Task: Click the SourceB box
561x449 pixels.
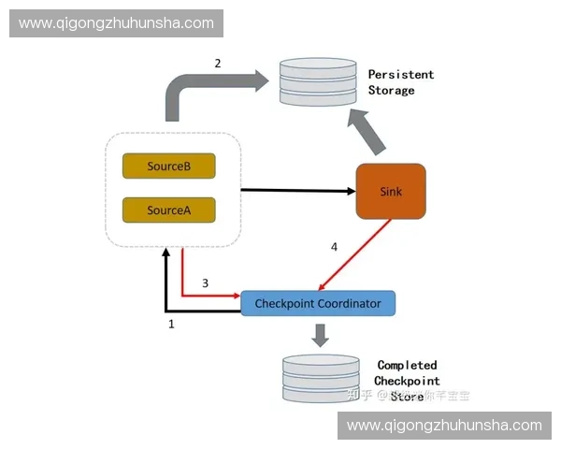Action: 169,167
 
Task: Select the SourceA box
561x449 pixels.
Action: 169,210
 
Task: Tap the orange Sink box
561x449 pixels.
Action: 390,192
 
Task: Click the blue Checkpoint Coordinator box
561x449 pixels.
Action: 318,303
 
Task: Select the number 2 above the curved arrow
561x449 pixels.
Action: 218,64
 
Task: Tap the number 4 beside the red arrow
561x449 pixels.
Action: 334,247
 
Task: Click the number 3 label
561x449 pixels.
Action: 205,282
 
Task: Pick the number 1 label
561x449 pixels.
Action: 171,324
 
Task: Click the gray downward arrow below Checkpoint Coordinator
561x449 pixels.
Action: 321,334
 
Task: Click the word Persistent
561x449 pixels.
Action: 401,74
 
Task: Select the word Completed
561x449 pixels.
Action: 407,365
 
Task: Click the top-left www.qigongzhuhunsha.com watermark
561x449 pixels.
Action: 116,23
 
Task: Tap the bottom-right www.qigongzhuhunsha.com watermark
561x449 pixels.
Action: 444,425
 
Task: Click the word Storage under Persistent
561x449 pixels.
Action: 391,91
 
